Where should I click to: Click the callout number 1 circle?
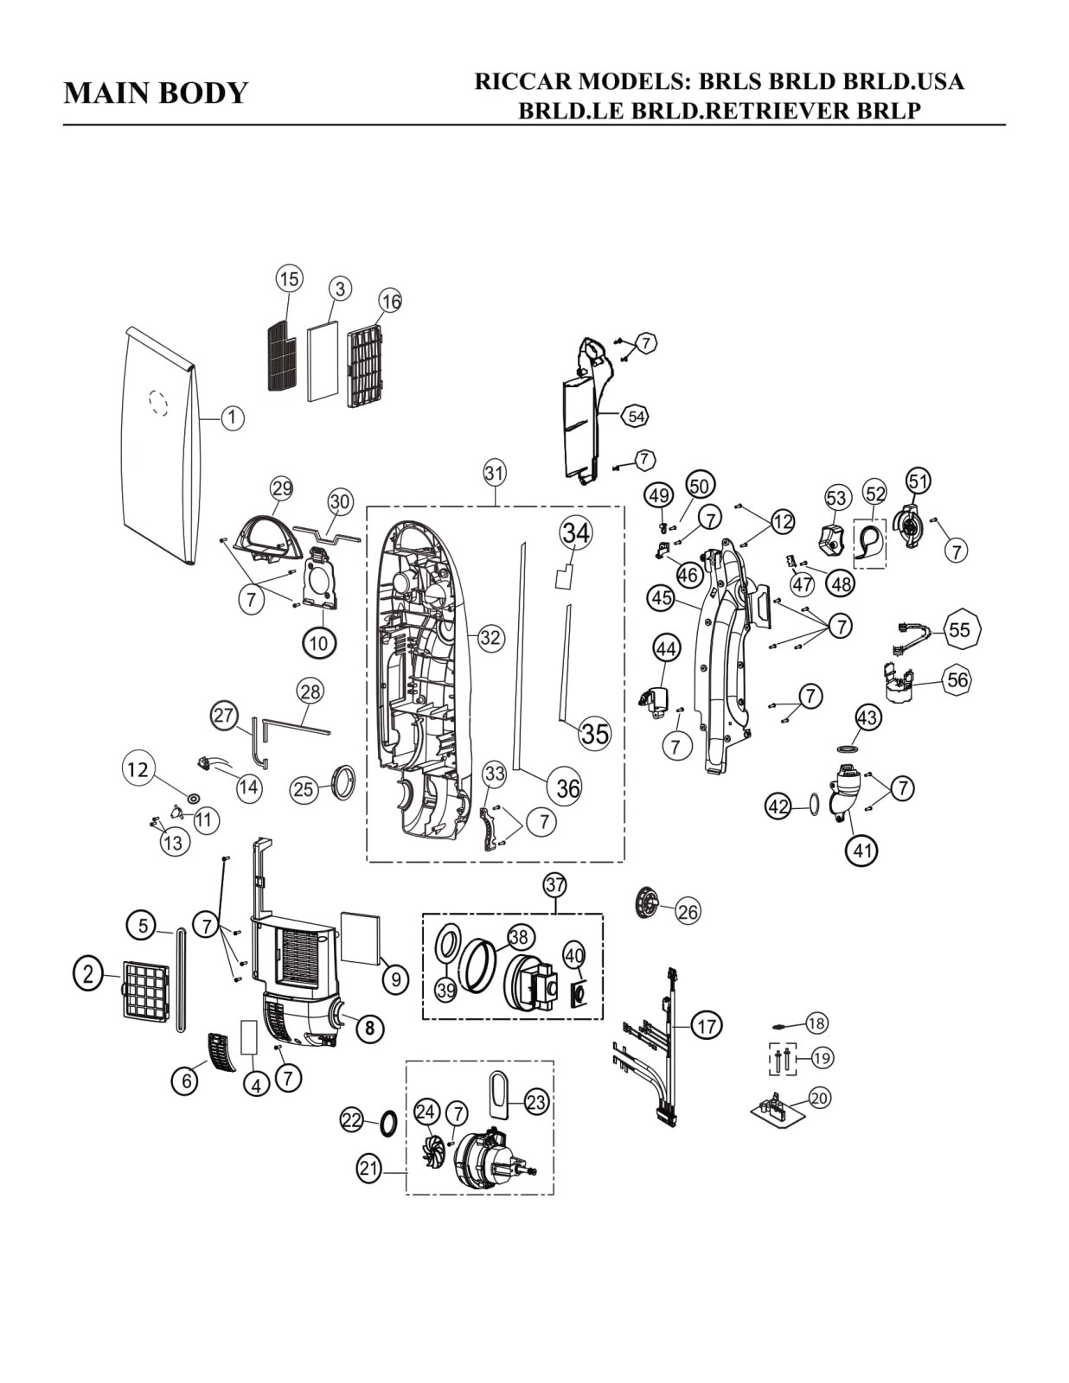click(232, 418)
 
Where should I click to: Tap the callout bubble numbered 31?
click(494, 473)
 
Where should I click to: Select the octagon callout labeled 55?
click(959, 629)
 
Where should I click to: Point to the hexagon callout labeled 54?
click(637, 416)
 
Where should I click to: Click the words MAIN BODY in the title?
click(156, 92)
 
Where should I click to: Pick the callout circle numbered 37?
click(554, 884)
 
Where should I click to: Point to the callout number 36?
click(568, 787)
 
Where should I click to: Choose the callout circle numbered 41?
click(862, 851)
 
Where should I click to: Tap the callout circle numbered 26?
click(688, 911)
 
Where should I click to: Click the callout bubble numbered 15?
click(289, 278)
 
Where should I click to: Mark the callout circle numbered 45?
click(662, 597)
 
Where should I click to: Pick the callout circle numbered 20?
click(818, 1098)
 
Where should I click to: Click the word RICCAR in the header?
click(523, 82)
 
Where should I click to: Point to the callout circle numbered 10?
click(319, 643)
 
